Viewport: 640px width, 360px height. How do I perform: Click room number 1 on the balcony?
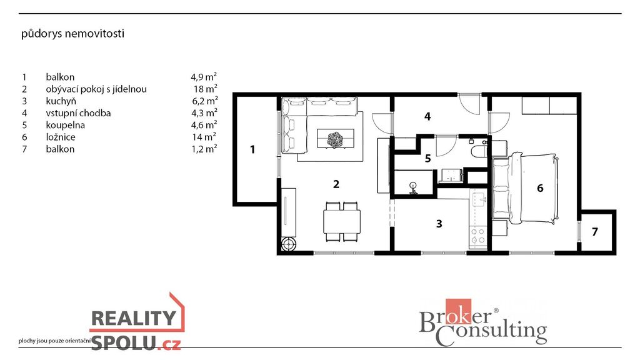tap(252, 149)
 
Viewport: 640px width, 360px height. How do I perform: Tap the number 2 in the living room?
tap(336, 184)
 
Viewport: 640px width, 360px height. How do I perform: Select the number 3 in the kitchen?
tap(439, 224)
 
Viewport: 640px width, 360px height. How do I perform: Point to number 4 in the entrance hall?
tap(427, 117)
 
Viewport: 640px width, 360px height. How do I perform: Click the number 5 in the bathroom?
tap(427, 158)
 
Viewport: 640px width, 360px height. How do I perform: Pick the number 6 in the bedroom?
tap(540, 187)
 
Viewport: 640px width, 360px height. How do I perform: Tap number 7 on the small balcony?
tap(595, 232)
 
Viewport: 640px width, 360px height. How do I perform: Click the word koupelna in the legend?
tap(65, 125)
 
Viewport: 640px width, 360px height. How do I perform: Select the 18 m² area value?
tap(205, 89)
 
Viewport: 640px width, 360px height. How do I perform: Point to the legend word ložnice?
tap(61, 137)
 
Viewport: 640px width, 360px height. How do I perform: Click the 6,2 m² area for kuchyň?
tap(204, 101)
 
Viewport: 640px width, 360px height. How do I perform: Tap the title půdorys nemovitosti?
tap(72, 34)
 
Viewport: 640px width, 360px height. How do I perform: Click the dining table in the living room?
tap(342, 221)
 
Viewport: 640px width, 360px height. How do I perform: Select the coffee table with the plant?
tap(336, 138)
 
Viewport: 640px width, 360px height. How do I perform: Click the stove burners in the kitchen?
tap(478, 236)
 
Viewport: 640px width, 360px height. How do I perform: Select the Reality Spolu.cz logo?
tap(137, 322)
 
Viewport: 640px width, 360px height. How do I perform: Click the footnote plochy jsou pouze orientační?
tap(54, 341)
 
